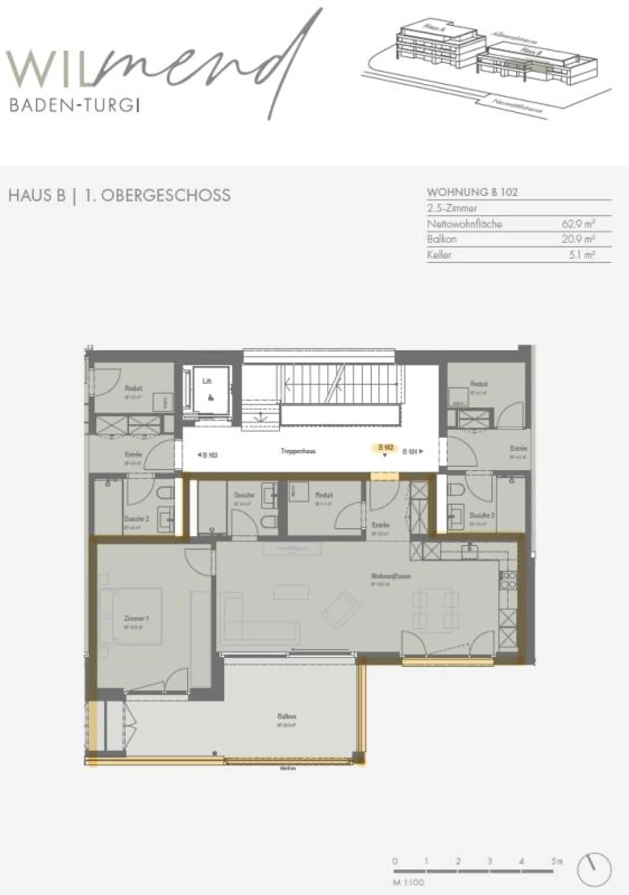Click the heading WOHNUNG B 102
pos(472,192)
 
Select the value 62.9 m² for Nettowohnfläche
pos(578,224)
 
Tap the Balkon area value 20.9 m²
pos(578,239)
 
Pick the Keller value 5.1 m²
pos(581,255)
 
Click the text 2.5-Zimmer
pos(452,208)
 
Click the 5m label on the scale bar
pos(556,861)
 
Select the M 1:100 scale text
pos(408,882)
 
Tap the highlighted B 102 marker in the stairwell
pos(385,447)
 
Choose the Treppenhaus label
pos(298,451)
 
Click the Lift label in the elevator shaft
pos(207,381)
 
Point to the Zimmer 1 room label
pos(136,619)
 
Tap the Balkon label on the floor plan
pos(287,716)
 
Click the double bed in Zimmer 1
pos(131,616)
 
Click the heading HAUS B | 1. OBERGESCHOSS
pos(119,195)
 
